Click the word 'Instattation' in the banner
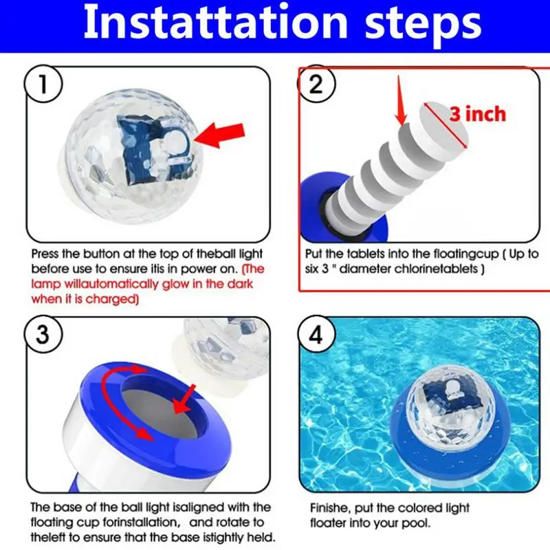215,23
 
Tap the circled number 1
43,84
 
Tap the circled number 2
316,84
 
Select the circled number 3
43,335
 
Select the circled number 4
316,335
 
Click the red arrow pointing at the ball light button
219,135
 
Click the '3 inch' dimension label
478,114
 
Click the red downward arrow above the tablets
400,101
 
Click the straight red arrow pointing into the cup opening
184,399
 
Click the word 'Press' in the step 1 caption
45,254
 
